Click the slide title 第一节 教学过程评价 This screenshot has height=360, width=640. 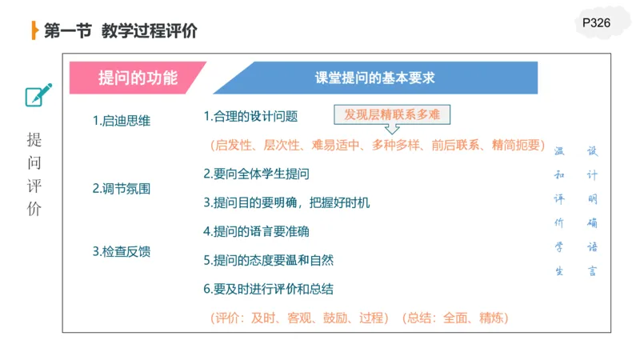tap(120, 31)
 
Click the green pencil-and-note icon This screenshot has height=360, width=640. tap(38, 94)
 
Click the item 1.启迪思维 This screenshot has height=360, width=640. tap(122, 121)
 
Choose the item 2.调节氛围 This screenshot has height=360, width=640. tap(122, 189)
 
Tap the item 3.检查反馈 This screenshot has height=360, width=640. tap(122, 251)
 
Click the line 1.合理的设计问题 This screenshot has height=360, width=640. tap(250, 116)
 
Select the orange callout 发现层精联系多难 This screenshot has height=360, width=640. tap(392, 114)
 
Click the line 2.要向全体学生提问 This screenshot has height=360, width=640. tap(256, 174)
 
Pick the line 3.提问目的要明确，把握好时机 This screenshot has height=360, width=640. tap(286, 202)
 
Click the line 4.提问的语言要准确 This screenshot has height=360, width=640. tap(256, 231)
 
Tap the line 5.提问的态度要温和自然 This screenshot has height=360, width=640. tap(268, 260)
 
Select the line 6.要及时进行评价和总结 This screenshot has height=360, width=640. tap(268, 288)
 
